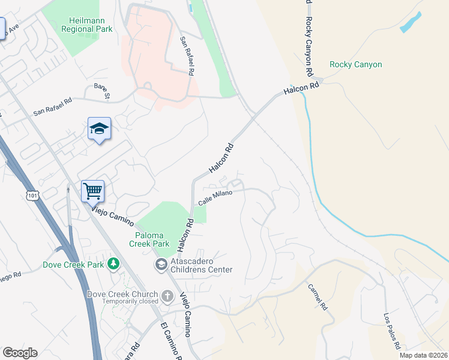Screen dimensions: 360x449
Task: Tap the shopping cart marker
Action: pyautogui.click(x=92, y=191)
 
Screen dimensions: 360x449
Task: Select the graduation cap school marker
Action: pyautogui.click(x=100, y=129)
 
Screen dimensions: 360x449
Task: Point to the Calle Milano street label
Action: pyautogui.click(x=215, y=197)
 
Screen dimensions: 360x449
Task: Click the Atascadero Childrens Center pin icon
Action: pyautogui.click(x=161, y=264)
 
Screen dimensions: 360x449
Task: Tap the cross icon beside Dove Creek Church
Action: pyautogui.click(x=167, y=295)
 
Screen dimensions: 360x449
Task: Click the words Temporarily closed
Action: pyautogui.click(x=122, y=302)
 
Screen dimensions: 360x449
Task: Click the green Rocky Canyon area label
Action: pyautogui.click(x=355, y=65)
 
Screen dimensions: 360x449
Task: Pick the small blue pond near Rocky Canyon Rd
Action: pyautogui.click(x=409, y=22)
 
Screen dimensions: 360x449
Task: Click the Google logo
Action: pyautogui.click(x=19, y=353)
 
